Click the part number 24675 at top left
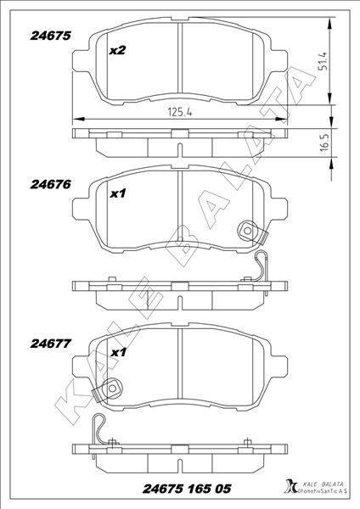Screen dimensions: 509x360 (50, 36)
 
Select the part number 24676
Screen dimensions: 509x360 (50, 182)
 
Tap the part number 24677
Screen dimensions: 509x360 (50, 344)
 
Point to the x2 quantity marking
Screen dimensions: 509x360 (118, 52)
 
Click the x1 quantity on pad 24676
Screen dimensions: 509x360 (119, 195)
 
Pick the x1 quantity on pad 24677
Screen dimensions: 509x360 (119, 352)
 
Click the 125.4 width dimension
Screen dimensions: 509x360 (176, 111)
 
